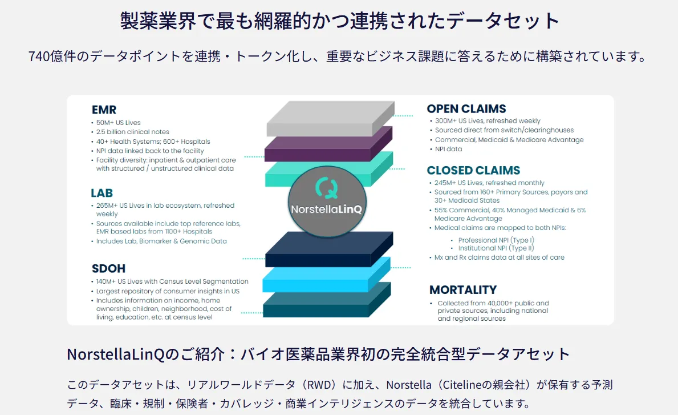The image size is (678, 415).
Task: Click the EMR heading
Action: (x=104, y=110)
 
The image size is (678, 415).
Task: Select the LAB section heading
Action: (x=102, y=193)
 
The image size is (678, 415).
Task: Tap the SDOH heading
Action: (x=108, y=268)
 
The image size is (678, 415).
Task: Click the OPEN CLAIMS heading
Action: (x=466, y=108)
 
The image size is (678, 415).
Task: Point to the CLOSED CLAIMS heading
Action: (x=473, y=170)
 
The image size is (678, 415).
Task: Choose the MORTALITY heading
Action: (x=462, y=289)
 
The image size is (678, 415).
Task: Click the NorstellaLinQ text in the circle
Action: (x=326, y=209)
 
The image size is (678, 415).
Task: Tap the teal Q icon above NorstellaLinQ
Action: (x=326, y=186)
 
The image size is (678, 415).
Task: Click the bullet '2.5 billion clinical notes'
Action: (x=132, y=132)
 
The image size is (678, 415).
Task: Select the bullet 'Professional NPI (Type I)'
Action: (x=496, y=240)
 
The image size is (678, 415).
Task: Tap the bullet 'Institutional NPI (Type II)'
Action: (x=496, y=248)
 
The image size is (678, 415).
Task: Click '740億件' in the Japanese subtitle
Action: (x=48, y=57)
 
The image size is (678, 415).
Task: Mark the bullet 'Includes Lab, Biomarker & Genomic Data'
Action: (x=161, y=241)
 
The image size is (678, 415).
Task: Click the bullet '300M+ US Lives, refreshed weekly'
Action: (x=488, y=121)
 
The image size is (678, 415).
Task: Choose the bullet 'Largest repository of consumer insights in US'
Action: (x=168, y=291)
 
